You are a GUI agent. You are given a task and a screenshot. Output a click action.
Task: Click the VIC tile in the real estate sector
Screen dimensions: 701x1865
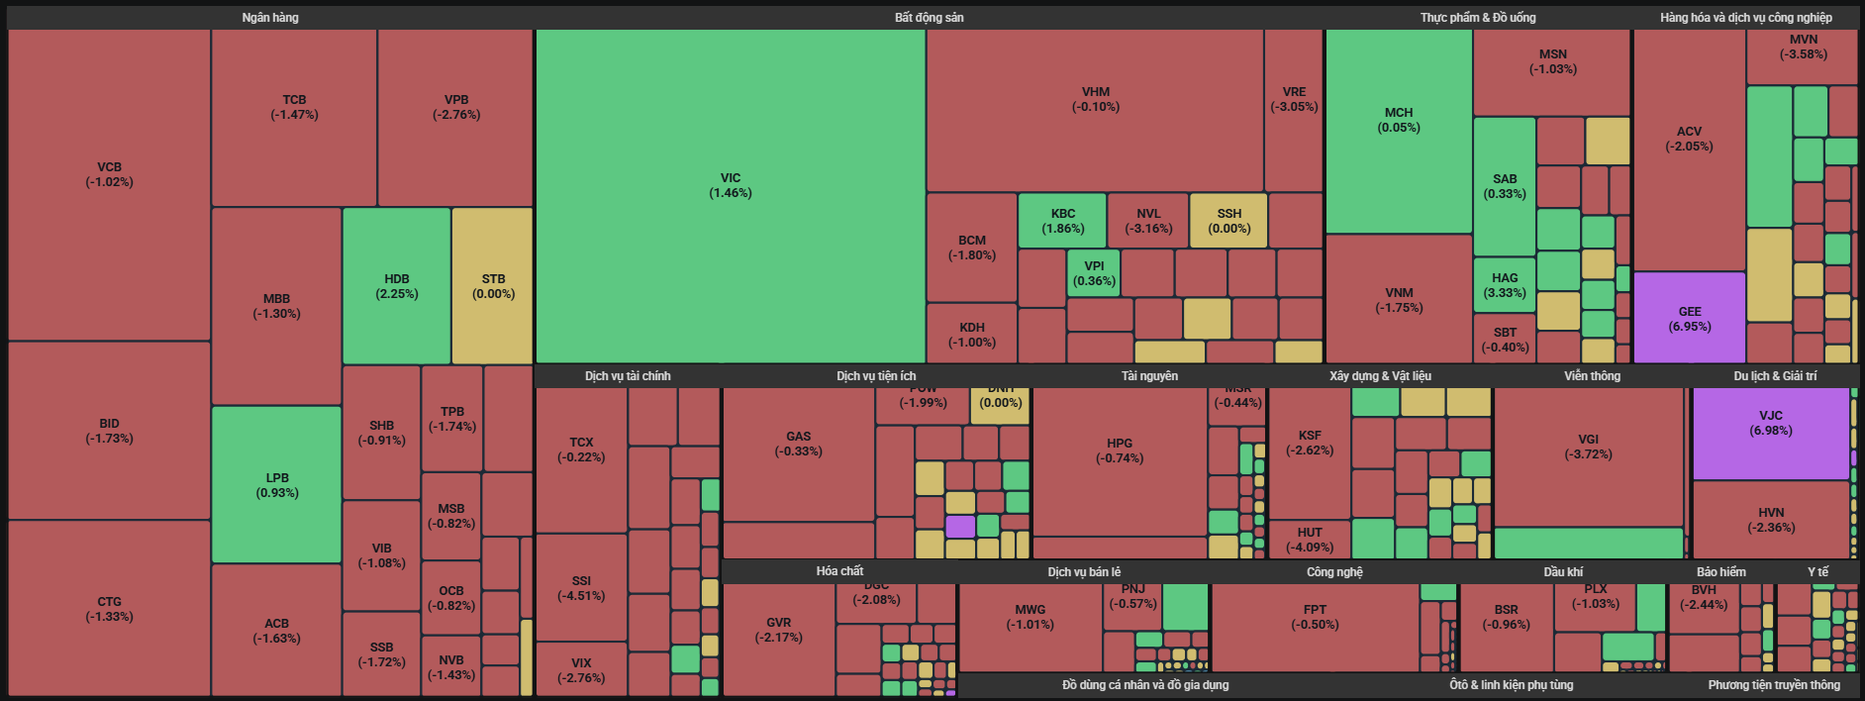point(731,186)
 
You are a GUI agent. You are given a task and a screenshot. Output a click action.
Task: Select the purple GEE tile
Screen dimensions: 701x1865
point(1689,319)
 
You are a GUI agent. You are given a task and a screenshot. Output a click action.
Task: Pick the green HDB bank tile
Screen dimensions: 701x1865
point(396,286)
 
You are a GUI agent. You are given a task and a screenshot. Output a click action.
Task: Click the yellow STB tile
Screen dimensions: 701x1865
point(493,286)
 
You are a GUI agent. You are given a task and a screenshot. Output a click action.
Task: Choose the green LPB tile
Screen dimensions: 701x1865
point(276,485)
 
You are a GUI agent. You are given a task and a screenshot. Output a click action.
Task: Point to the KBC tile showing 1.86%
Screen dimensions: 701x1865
point(1062,221)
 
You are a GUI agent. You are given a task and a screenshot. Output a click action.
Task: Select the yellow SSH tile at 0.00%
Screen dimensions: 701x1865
point(1228,221)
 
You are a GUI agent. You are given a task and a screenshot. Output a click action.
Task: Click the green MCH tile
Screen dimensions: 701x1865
point(1398,120)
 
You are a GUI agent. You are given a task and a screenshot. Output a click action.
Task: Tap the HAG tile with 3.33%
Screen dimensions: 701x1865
point(1504,285)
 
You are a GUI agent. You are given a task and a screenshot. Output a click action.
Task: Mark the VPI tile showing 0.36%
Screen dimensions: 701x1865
point(1094,273)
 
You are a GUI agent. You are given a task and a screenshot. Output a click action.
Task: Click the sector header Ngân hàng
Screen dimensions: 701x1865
point(270,18)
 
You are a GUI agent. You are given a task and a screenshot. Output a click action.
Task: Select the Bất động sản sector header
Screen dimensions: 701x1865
point(929,18)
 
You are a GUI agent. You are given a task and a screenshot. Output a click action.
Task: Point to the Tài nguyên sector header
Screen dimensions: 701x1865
point(1149,376)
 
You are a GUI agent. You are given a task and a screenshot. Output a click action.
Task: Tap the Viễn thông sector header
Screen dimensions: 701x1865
point(1592,376)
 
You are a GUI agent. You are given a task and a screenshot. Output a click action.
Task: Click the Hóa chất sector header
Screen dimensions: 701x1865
point(839,571)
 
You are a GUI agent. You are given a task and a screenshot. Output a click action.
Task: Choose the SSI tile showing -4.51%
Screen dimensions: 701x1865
point(581,588)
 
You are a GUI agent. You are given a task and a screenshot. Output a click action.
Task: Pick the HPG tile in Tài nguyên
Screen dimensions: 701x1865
point(1120,451)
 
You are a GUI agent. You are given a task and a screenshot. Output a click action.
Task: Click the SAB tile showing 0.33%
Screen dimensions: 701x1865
point(1504,186)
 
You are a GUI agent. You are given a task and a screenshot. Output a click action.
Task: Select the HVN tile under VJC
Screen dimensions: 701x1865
point(1770,520)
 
